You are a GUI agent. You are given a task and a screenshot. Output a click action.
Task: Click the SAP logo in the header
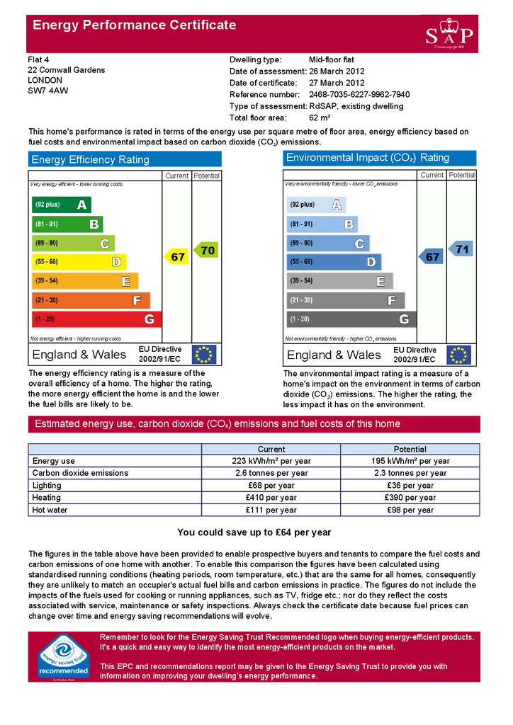click(450, 33)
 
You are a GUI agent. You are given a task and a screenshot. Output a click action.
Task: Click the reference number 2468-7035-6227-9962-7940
click(359, 94)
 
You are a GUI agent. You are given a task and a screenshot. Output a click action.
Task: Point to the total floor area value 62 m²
click(320, 118)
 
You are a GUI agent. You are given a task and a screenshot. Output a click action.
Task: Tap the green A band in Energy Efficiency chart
click(62, 205)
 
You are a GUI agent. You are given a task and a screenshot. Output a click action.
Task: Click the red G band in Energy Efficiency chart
click(96, 319)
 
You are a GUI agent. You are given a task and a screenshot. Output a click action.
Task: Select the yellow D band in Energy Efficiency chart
click(79, 262)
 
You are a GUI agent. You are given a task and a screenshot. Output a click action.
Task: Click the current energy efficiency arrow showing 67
click(177, 257)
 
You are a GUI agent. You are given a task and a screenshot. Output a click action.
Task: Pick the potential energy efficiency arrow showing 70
click(206, 250)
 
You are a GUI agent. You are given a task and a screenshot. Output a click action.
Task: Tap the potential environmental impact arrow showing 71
click(461, 249)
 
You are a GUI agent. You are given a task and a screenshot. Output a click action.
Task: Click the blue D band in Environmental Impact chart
click(334, 262)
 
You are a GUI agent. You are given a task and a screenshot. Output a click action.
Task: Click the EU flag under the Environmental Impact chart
click(459, 355)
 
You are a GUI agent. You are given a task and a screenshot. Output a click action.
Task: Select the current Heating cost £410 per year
click(271, 498)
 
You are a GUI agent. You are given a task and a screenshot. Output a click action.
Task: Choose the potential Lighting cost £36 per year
click(410, 486)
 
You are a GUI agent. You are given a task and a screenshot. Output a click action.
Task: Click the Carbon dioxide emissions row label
click(80, 473)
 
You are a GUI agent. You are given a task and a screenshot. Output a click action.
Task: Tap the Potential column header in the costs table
click(410, 449)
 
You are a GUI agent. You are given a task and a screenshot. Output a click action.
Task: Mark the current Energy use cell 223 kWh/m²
click(271, 461)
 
